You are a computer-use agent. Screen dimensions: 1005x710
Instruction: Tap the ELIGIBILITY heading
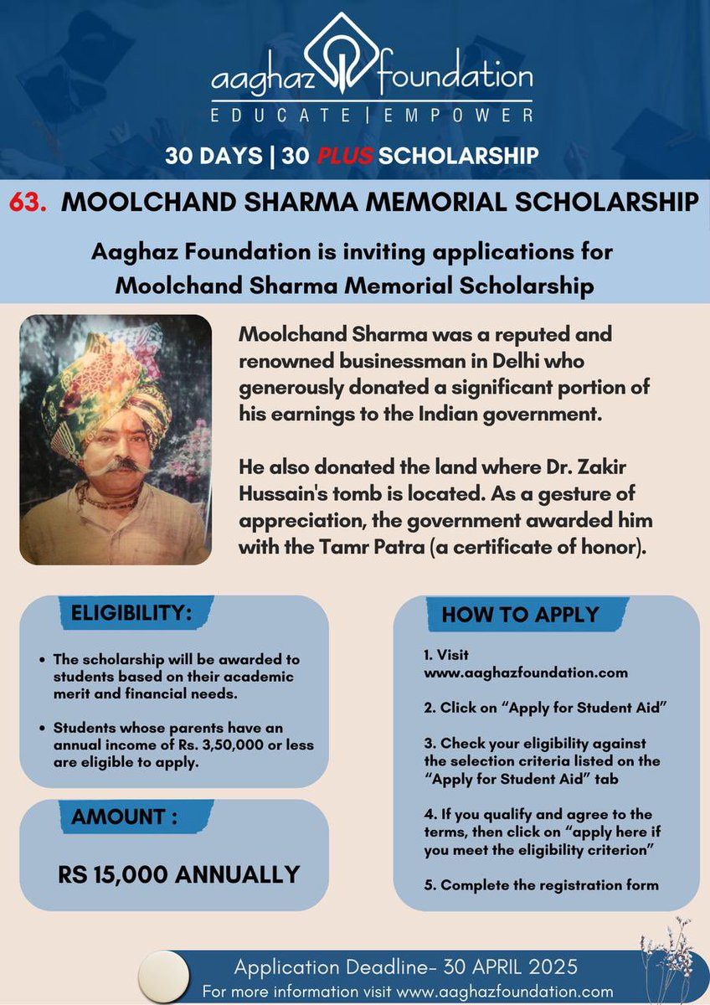[131, 613]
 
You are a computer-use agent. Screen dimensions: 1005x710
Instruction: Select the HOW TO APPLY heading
[520, 614]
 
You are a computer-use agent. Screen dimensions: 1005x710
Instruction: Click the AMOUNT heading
[124, 817]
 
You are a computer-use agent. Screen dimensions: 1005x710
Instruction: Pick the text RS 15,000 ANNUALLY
[178, 875]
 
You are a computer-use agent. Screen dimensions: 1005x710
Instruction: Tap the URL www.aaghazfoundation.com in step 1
[526, 673]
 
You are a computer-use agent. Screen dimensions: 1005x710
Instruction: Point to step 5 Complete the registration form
[541, 885]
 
